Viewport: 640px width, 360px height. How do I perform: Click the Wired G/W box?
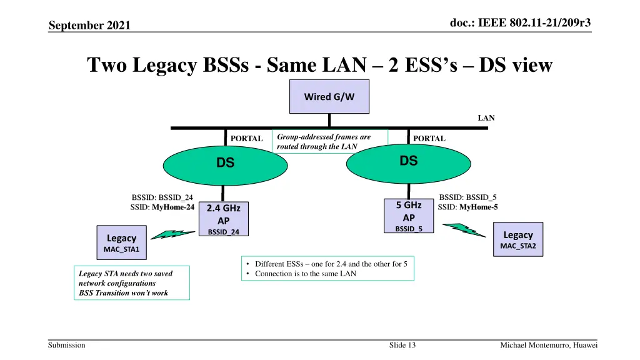(329, 97)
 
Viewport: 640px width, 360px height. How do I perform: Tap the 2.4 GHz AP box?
(223, 219)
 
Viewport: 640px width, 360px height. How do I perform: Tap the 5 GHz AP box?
(409, 216)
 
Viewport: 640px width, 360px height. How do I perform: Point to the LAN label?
(486, 117)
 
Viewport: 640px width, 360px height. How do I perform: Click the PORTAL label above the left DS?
(246, 139)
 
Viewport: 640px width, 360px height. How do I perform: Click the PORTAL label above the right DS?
(429, 139)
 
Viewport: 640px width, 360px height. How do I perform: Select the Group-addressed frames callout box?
(330, 142)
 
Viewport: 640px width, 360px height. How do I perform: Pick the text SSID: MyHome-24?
(162, 207)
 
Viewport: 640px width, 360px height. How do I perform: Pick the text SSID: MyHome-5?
(468, 207)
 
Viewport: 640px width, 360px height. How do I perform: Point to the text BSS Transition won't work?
(123, 292)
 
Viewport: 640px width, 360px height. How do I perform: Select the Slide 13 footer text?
(402, 346)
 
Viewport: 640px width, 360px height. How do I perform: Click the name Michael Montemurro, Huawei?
(549, 346)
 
